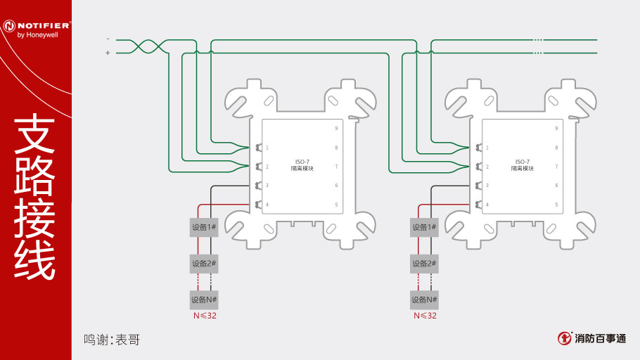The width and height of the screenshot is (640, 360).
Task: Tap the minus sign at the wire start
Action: tap(108, 39)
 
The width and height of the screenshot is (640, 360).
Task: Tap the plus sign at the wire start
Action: tap(108, 53)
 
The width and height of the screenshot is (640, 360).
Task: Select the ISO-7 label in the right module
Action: tap(523, 162)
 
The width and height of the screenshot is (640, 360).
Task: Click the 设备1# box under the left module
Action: tap(204, 227)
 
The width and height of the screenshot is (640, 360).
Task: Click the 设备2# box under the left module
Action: tap(204, 264)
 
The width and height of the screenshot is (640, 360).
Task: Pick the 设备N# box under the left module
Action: tap(204, 300)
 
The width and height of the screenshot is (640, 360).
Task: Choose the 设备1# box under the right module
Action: tap(424, 227)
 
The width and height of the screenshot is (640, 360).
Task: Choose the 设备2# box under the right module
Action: tap(424, 264)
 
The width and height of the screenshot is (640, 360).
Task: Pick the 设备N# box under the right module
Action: tap(424, 300)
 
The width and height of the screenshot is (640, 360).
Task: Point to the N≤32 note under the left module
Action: tap(205, 316)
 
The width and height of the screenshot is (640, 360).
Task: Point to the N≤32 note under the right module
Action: tap(425, 316)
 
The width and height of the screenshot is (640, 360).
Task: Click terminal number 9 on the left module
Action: tap(336, 129)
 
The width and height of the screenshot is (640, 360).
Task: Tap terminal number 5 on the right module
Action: tap(556, 205)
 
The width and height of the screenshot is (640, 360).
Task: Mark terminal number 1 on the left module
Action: tap(267, 148)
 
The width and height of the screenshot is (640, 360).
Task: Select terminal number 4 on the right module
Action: tap(487, 205)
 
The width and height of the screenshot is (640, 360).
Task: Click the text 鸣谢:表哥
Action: tap(112, 340)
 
